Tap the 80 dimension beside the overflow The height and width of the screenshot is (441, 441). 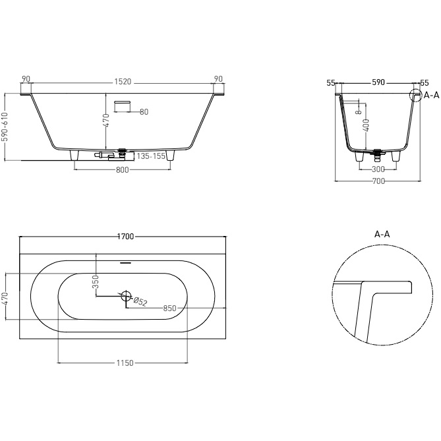tap(144, 111)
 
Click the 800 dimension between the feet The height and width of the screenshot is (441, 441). tap(122, 170)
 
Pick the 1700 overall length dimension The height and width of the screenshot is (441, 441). tap(125, 235)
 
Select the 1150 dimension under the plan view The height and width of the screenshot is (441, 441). tap(125, 363)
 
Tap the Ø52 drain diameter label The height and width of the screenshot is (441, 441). tap(140, 302)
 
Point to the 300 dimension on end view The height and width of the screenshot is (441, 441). tap(378, 169)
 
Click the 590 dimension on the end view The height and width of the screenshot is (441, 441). tap(378, 83)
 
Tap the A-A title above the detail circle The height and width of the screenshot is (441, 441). tap(382, 234)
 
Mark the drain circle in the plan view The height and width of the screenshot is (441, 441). tap(127, 295)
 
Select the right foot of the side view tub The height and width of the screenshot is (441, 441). tap(172, 155)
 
